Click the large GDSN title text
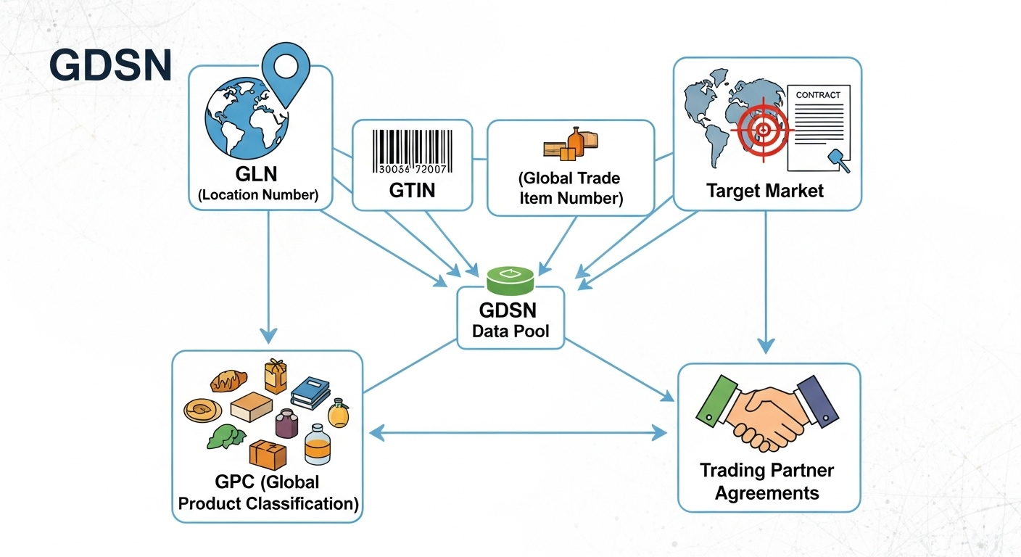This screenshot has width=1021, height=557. pyautogui.click(x=110, y=66)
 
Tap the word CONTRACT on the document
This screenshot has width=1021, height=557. pyautogui.click(x=818, y=95)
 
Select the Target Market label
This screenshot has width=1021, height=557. pyautogui.click(x=765, y=191)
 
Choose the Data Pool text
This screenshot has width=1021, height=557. pyautogui.click(x=510, y=331)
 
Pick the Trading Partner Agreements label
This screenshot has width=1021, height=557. pyautogui.click(x=767, y=482)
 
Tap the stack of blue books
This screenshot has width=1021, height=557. pyautogui.click(x=311, y=392)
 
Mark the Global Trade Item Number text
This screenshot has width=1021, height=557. pyautogui.click(x=570, y=188)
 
